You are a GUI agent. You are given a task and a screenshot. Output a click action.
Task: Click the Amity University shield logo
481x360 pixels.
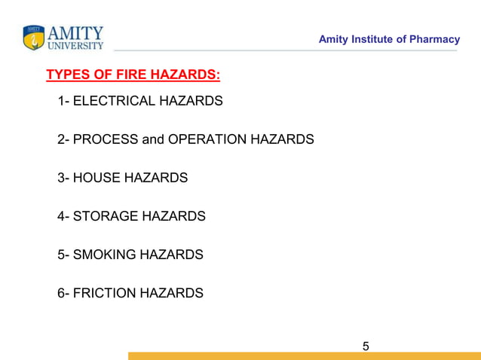click(34, 38)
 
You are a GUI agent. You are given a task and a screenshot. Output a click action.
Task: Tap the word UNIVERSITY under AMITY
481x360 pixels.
click(76, 45)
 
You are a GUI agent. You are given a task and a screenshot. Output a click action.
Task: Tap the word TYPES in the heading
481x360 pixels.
click(66, 75)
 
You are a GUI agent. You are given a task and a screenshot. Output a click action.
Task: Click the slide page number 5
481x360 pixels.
click(366, 346)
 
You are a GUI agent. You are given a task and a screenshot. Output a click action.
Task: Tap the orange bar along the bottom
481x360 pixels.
click(302, 355)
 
